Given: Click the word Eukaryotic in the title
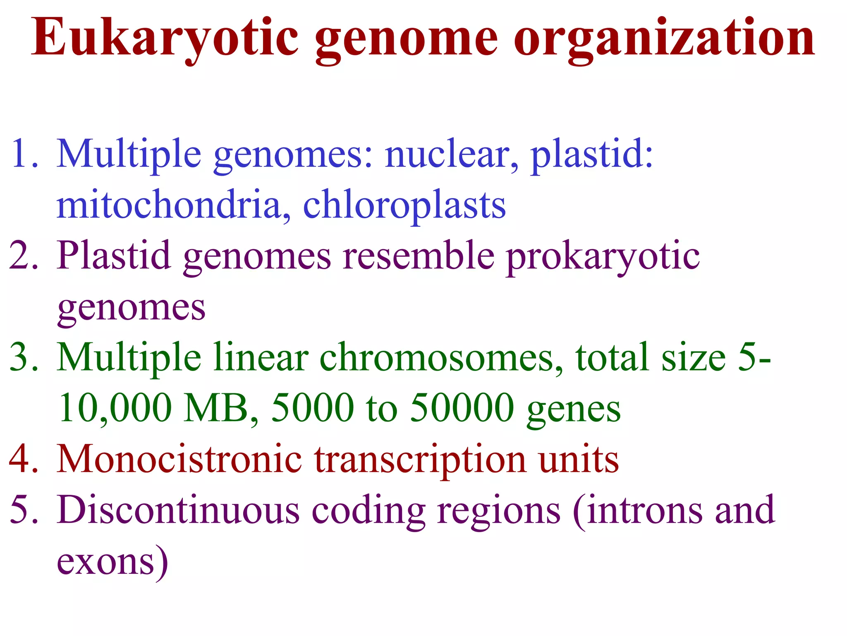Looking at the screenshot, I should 165,38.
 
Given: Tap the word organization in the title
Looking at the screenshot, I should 664,38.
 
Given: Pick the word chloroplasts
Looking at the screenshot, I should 404,205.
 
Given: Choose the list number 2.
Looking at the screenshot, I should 24,255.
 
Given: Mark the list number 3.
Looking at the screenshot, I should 24,357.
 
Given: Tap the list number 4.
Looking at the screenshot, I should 24,459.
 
